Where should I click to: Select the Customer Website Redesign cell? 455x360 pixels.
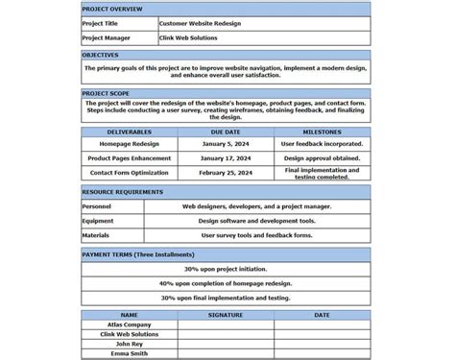[200, 23]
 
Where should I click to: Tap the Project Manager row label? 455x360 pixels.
[106, 38]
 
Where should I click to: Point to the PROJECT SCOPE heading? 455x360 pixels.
[106, 93]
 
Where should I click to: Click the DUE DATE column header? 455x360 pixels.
[226, 132]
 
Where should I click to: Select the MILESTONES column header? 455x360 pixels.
[322, 132]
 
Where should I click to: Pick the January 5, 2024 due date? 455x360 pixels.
[226, 144]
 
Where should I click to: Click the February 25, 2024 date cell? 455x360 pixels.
[226, 173]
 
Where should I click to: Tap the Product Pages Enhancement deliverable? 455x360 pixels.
[130, 158]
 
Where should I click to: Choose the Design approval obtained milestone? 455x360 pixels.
[322, 158]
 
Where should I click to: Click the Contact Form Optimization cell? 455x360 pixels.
[130, 173]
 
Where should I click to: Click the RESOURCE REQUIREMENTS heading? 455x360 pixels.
[122, 192]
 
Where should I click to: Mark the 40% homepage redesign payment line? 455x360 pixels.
[226, 283]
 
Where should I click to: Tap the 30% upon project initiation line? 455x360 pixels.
[226, 270]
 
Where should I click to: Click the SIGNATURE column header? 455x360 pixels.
[226, 315]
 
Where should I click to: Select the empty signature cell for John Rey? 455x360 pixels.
[226, 344]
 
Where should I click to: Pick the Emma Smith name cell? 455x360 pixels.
[130, 353]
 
